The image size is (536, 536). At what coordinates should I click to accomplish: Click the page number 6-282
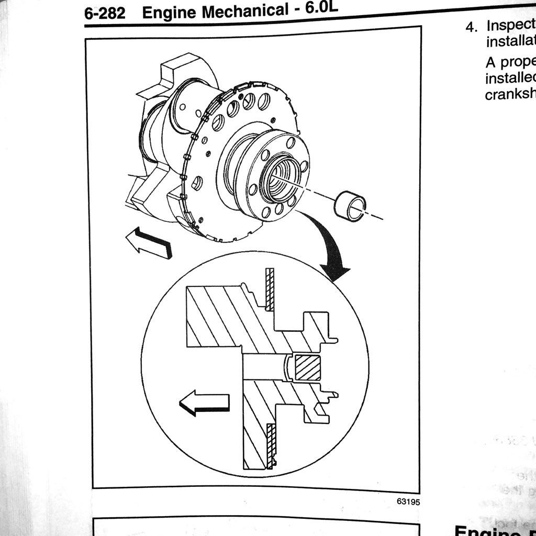(105, 13)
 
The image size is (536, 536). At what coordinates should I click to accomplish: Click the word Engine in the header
(168, 13)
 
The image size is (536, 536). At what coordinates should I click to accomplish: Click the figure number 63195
(408, 501)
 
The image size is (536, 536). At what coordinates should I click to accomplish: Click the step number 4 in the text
(471, 27)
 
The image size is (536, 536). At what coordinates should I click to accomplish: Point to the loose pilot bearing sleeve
(350, 204)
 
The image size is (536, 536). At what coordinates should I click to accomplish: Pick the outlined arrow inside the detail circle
(204, 403)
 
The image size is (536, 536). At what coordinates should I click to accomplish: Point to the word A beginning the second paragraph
(490, 62)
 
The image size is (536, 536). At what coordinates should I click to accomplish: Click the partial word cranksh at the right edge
(510, 94)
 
